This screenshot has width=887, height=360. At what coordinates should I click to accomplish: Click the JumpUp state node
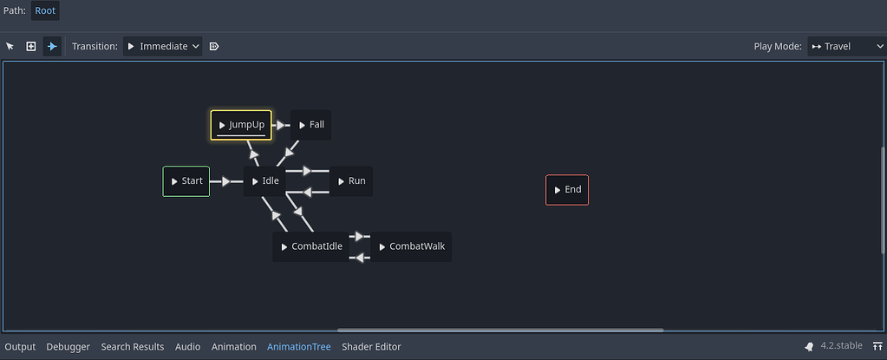241,125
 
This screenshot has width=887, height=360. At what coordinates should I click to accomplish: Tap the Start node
186,181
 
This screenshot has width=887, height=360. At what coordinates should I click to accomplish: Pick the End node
567,190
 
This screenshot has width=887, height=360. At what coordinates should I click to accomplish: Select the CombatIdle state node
310,246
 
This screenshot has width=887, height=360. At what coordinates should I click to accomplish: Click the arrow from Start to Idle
226,181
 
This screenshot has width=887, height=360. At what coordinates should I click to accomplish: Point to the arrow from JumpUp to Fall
282,125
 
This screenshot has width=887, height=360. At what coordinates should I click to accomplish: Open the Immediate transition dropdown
163,46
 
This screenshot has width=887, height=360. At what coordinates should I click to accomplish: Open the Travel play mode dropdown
845,46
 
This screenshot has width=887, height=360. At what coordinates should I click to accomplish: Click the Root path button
45,10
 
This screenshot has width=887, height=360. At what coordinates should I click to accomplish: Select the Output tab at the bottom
21,347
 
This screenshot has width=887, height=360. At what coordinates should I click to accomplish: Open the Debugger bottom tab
68,347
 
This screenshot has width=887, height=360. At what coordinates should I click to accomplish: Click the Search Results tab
133,347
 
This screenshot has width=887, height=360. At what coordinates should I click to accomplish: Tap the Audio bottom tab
187,347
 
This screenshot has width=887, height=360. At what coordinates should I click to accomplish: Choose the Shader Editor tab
371,347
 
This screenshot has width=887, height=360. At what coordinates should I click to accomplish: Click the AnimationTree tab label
299,347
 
